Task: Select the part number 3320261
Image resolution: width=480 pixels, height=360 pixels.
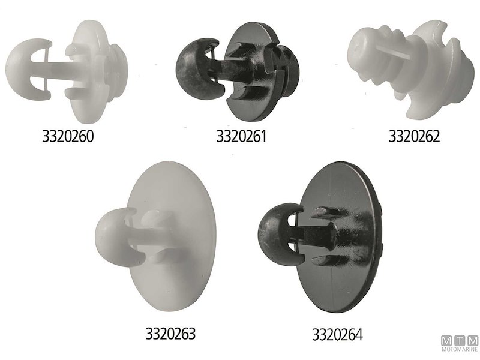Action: (x=241, y=136)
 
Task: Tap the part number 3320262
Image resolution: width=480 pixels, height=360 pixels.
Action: (x=414, y=136)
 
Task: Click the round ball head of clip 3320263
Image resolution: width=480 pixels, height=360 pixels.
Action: (x=114, y=234)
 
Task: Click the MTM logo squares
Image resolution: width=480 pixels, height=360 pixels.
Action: (x=459, y=341)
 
